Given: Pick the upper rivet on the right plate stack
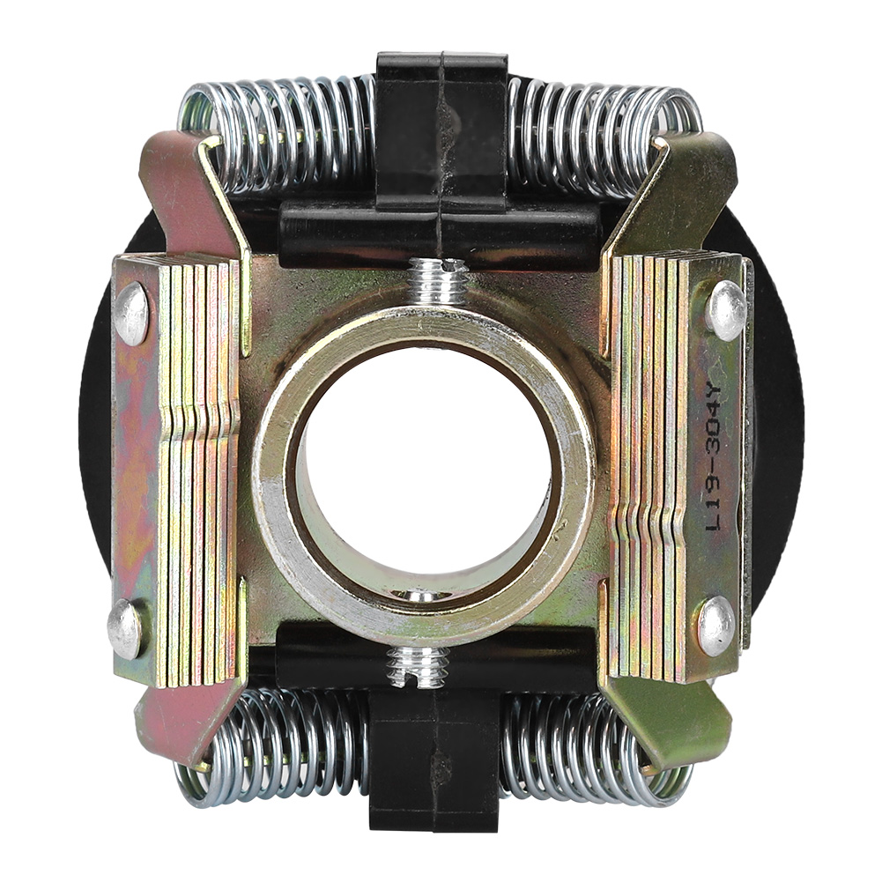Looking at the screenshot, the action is [x=727, y=309].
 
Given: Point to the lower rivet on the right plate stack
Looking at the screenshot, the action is [x=716, y=626].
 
